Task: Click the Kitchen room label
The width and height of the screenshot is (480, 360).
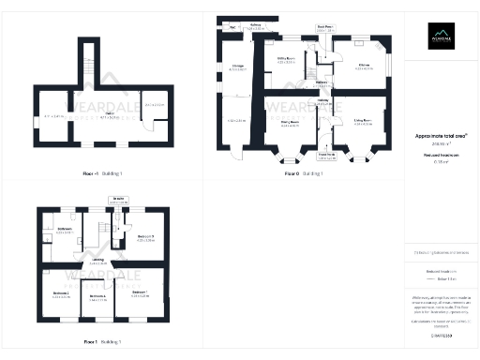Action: [364, 65]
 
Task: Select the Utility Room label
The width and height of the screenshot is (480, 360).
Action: [286, 58]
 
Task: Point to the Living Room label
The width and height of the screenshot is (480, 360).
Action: [362, 120]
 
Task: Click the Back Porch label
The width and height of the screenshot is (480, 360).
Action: [324, 27]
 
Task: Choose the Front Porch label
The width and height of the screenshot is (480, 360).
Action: [325, 156]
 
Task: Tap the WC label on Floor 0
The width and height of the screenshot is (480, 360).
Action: [232, 27]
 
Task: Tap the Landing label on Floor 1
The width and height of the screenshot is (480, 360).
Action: [97, 262]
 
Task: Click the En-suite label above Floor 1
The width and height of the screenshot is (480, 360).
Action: [120, 199]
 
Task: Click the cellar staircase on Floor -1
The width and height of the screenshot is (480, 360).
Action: [88, 71]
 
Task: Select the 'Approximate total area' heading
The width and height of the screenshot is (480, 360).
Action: [441, 135]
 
